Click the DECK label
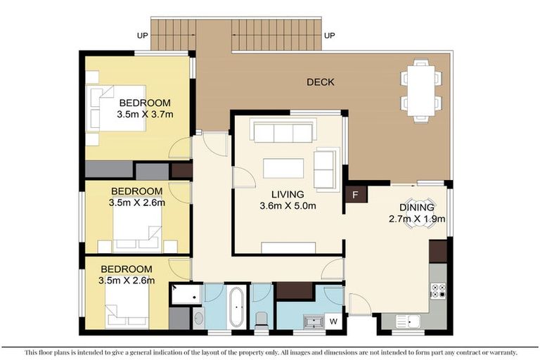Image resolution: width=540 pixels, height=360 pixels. [320, 82]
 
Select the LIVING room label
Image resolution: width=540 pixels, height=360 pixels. [288, 195]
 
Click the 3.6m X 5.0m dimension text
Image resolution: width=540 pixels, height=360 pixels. [288, 206]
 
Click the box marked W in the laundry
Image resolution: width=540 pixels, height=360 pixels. [333, 321]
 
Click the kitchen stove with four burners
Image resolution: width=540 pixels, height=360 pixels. [438, 291]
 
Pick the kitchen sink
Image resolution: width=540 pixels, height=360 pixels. [408, 321]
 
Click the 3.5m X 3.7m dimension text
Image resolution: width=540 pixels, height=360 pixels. [145, 114]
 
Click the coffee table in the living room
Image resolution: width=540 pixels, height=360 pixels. [283, 168]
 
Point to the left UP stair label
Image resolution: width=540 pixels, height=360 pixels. [142, 35]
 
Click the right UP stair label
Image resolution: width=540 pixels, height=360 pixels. [329, 35]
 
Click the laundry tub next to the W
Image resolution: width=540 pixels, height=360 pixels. [312, 321]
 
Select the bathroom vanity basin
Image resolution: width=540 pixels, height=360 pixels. [198, 319]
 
